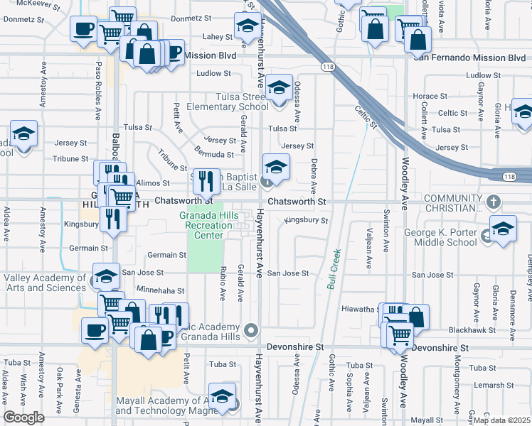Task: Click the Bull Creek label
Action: [x=334, y=268]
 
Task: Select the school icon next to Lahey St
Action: [x=247, y=26]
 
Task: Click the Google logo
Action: [x=23, y=417]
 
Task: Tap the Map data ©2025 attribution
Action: [x=501, y=420]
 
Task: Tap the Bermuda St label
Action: [x=218, y=154]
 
